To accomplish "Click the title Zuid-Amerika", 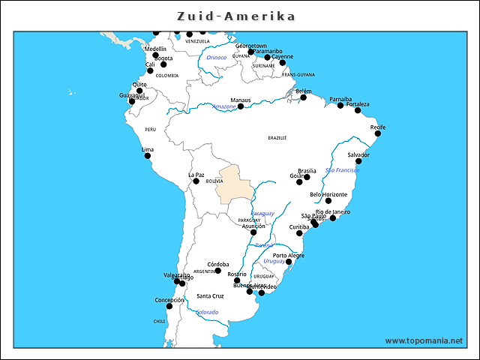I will tap(236, 16).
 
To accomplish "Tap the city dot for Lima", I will tap(148, 157).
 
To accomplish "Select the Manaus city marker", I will tap(241, 106).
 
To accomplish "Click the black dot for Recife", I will tap(378, 133).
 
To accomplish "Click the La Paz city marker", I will tap(196, 181).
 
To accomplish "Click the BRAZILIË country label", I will tap(277, 138).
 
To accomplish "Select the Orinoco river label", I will tap(217, 57).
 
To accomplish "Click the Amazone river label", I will tap(223, 106).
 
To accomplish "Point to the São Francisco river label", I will tap(342, 170).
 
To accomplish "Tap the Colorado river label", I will tap(207, 312).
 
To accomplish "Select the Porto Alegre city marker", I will tap(287, 262).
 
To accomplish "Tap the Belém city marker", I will tap(304, 97).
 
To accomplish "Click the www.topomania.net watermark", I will tap(424, 340).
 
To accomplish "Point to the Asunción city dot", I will tap(253, 232).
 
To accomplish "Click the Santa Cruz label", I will tap(210, 296).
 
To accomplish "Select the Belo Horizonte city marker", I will tap(328, 201).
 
